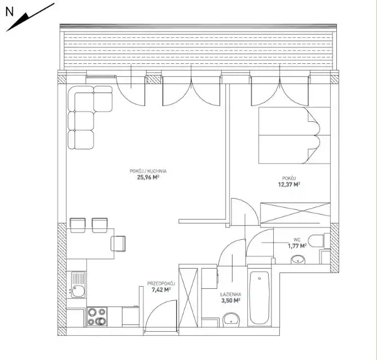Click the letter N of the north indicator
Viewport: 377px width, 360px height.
(x=10, y=12)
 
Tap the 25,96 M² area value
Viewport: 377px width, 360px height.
(x=148, y=177)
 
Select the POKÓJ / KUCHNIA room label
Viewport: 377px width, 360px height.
(x=148, y=171)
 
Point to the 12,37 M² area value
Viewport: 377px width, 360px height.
(x=289, y=185)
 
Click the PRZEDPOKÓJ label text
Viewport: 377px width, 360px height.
(x=161, y=284)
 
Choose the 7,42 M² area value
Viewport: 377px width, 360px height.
(x=161, y=289)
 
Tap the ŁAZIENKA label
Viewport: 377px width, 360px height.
(x=231, y=294)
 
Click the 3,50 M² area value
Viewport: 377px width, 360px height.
(x=231, y=300)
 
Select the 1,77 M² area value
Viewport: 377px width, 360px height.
(x=297, y=245)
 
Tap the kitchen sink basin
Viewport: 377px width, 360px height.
(x=78, y=291)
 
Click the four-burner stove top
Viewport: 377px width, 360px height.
(x=97, y=317)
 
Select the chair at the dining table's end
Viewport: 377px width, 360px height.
(x=118, y=243)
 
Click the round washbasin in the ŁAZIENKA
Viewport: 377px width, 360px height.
(x=231, y=320)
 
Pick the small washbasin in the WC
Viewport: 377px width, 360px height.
(x=298, y=260)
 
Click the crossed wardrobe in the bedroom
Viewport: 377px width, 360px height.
(x=295, y=213)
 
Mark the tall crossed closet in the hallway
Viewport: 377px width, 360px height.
(x=188, y=297)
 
